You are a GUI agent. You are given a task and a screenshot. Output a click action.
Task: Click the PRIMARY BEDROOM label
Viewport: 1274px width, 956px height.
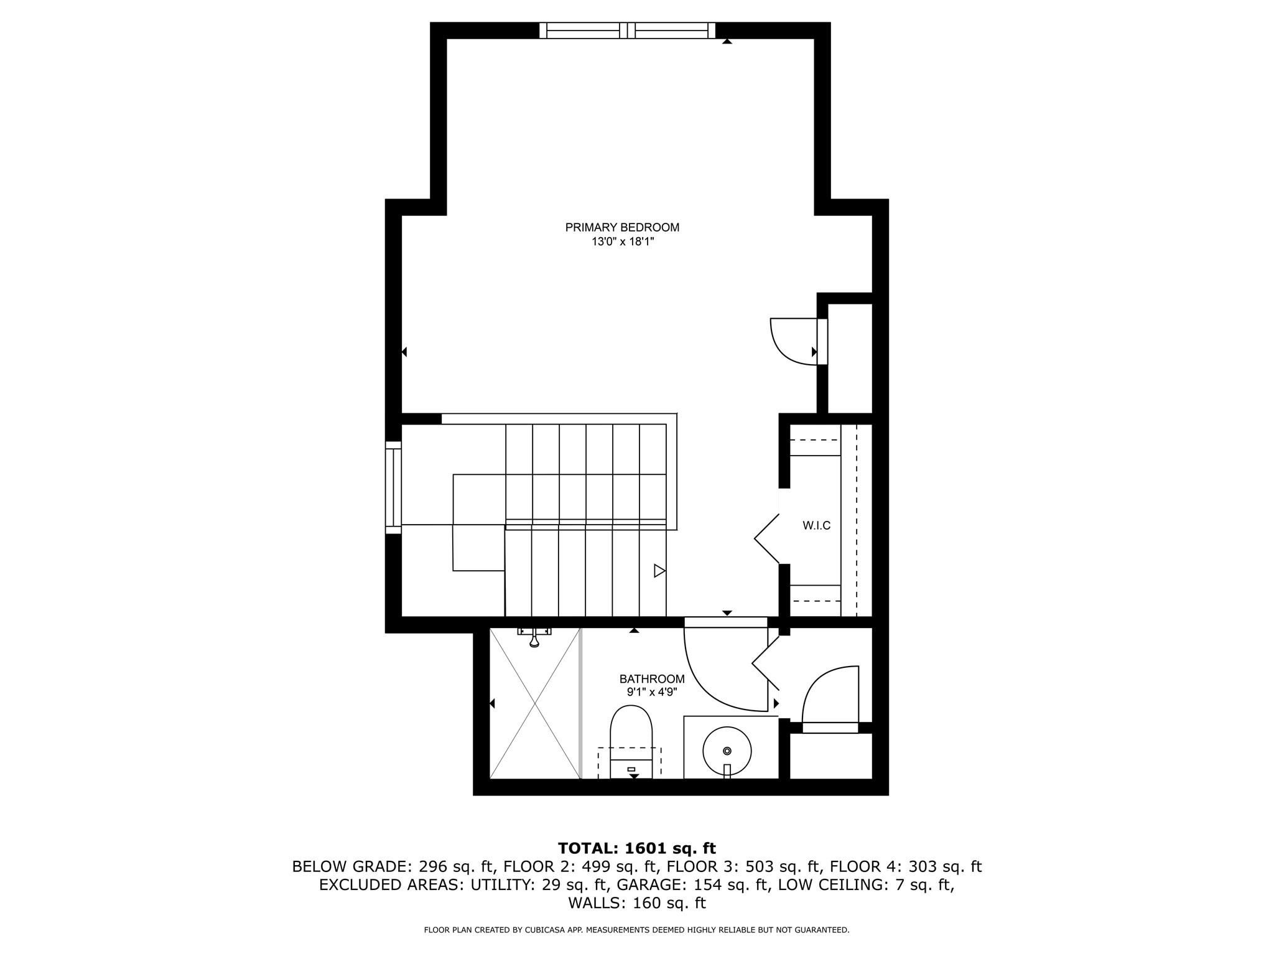tap(622, 228)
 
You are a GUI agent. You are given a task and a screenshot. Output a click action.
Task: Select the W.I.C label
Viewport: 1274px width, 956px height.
tap(816, 526)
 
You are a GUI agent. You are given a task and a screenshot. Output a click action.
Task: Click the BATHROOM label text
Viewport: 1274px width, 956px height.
tap(651, 679)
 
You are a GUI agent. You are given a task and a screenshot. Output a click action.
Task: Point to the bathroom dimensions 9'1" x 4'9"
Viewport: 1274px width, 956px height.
tap(651, 692)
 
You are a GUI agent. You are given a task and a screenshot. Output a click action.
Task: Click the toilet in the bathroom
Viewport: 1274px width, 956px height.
tap(631, 741)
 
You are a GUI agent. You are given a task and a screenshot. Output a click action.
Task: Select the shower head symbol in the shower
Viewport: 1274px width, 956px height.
tap(534, 639)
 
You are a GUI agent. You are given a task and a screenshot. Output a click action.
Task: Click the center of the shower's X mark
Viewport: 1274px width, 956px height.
tap(535, 703)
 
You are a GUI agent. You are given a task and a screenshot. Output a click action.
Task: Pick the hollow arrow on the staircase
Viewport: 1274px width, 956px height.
tap(659, 570)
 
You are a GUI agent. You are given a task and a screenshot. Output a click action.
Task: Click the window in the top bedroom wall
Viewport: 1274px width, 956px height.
tap(627, 30)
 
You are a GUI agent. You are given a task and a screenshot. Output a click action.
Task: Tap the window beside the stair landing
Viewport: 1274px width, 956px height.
tap(393, 487)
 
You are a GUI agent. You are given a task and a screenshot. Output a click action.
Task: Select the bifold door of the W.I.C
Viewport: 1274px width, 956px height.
tap(766, 538)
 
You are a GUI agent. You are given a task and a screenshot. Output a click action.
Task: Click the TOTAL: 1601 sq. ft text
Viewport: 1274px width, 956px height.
tap(636, 848)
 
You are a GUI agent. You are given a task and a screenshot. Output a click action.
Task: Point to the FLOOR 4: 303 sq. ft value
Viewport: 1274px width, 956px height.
tap(906, 866)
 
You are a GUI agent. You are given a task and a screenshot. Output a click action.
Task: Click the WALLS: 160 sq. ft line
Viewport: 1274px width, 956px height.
tap(636, 903)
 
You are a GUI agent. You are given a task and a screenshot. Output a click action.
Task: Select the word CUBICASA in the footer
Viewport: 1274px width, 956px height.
tap(542, 930)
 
